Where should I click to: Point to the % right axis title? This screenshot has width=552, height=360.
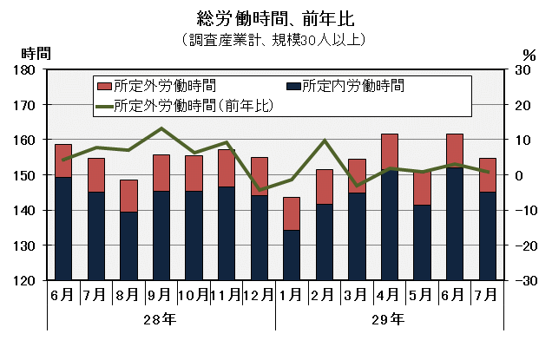coord(530,55)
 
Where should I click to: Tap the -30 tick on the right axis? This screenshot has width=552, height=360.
coord(522,281)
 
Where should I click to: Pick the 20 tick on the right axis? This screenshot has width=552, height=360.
coord(522,105)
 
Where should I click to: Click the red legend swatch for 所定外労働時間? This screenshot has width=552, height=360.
coord(104,87)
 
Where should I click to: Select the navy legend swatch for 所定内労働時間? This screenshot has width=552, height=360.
coord(293,87)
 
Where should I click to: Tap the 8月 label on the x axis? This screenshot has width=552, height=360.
coord(128,295)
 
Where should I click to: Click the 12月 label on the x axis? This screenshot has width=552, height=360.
coord(259,295)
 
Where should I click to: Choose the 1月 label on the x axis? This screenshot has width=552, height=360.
coord(291,295)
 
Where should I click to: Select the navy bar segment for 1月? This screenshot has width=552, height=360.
coord(291,255)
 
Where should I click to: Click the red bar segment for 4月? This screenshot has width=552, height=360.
coord(389,152)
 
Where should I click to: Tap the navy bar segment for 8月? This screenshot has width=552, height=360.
coord(128,246)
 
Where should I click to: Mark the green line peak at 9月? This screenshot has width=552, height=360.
coord(161,128)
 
